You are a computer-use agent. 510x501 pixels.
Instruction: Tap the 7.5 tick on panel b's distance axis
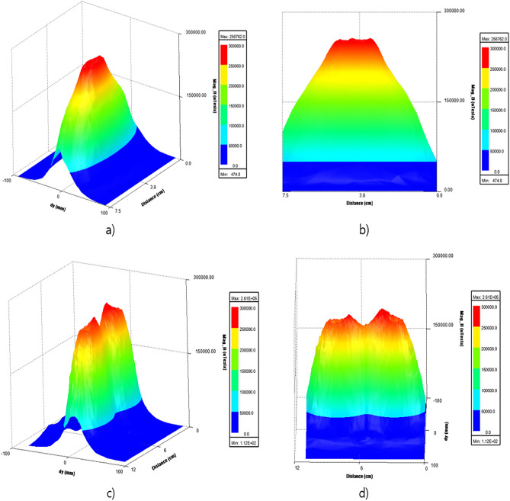(x=285, y=195)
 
